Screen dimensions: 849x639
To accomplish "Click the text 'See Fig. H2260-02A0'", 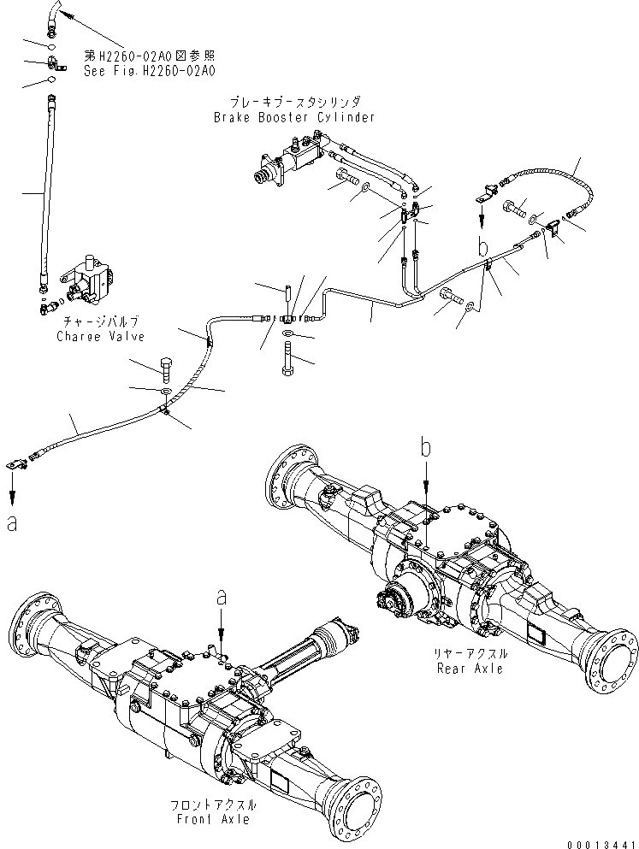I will click(x=149, y=71).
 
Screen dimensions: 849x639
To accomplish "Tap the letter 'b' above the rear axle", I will click(x=425, y=445).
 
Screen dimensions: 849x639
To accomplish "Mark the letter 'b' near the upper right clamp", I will click(x=483, y=248).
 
